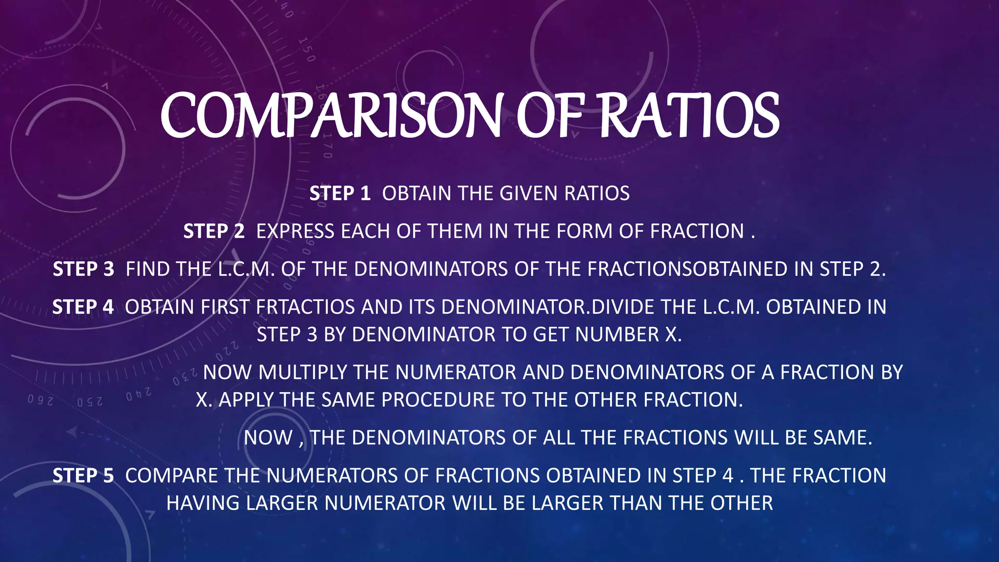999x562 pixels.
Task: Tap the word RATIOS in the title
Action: point(689,116)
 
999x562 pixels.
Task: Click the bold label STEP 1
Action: point(340,194)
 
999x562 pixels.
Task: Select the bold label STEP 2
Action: point(214,231)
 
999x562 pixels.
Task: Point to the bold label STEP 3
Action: point(83,269)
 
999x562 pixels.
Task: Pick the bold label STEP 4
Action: point(83,307)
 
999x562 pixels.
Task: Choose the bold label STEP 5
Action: point(83,476)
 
